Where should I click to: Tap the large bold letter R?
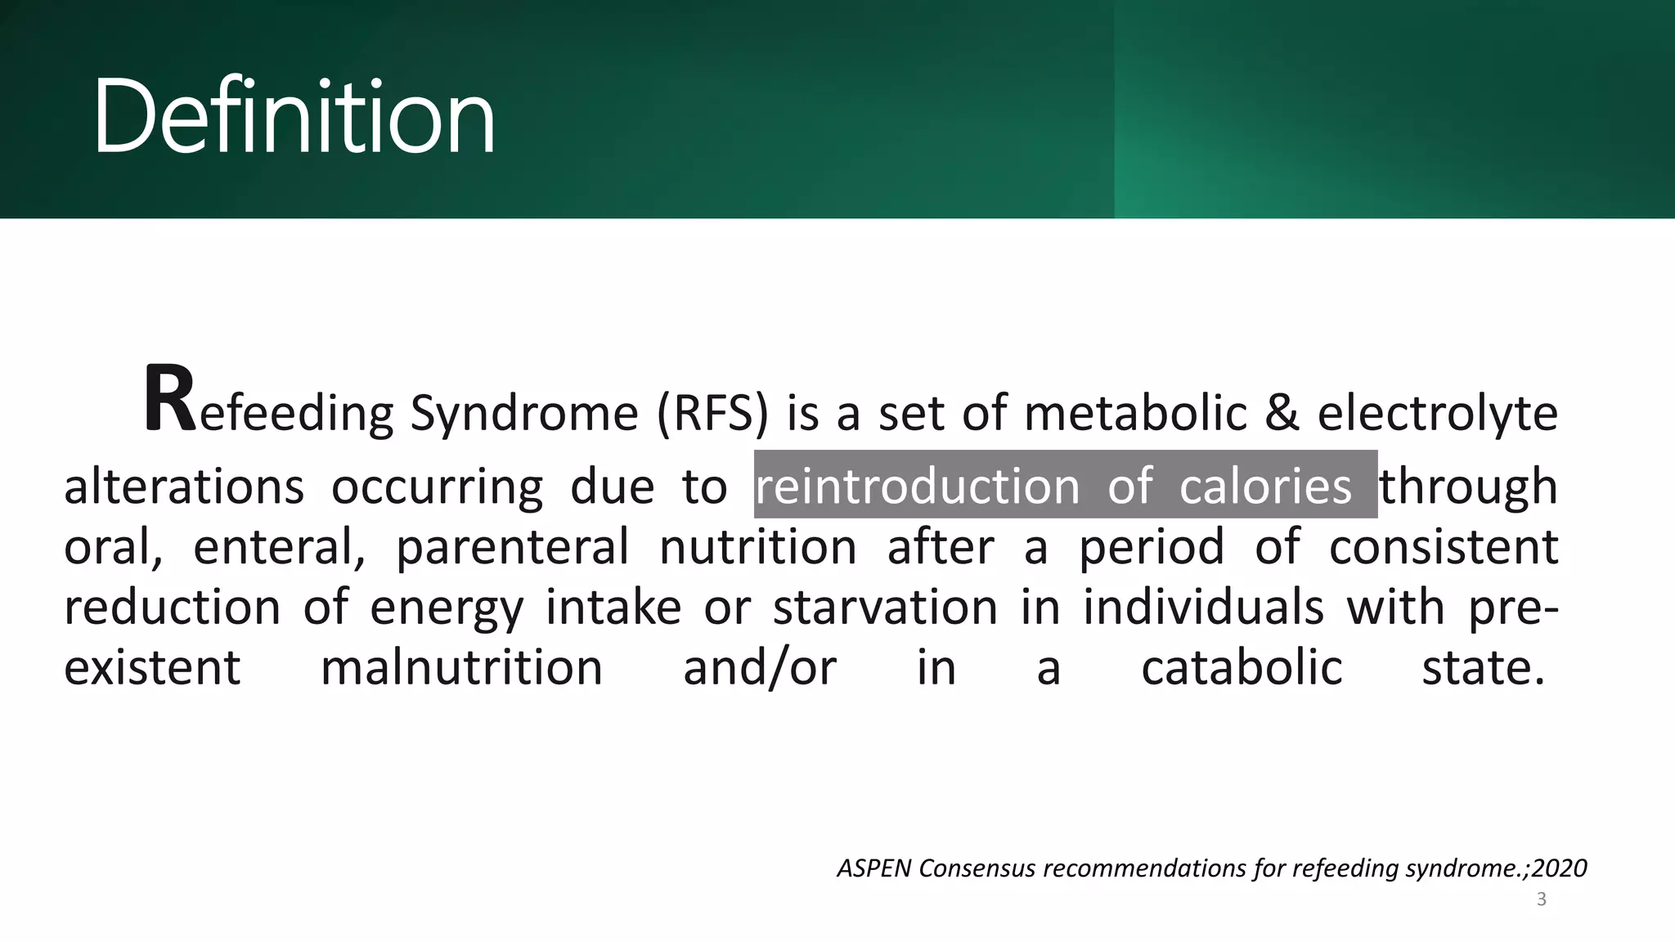click(x=169, y=400)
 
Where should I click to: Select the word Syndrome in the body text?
click(x=523, y=413)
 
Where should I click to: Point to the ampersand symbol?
click(x=1282, y=413)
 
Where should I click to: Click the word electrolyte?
click(x=1437, y=413)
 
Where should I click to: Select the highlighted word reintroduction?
click(x=917, y=487)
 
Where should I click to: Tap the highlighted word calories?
click(x=1265, y=487)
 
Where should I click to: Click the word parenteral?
click(x=513, y=547)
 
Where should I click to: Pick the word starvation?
click(x=885, y=608)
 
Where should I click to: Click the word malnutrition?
click(x=461, y=668)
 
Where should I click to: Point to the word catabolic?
click(x=1242, y=668)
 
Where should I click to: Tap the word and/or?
click(x=760, y=668)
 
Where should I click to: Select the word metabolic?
click(x=1135, y=413)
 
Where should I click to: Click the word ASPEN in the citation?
click(x=873, y=868)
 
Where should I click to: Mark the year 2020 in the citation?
click(x=1560, y=868)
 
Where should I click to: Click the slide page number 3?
click(x=1542, y=899)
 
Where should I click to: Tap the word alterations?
click(x=184, y=487)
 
